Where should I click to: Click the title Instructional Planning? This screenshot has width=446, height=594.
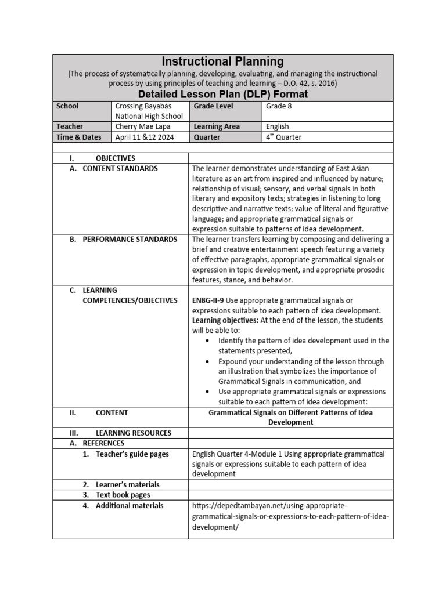point(222,61)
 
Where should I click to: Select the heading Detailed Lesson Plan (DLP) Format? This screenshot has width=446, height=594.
point(222,94)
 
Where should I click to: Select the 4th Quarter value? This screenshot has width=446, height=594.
point(283,137)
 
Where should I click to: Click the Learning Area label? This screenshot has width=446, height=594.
point(216,126)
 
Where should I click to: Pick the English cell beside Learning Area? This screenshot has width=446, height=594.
point(277,126)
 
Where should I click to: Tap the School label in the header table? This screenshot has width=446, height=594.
point(67,106)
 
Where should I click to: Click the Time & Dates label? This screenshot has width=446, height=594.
point(78,137)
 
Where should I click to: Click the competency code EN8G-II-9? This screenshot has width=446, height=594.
point(207,300)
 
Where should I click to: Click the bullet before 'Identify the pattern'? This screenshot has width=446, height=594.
point(208,341)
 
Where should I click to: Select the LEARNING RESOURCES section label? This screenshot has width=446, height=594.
point(133,433)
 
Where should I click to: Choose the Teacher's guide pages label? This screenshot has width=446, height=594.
point(132,454)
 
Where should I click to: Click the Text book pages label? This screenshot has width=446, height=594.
point(123,495)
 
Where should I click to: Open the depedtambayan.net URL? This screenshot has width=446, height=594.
point(290,516)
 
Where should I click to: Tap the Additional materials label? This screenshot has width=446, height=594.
point(130,506)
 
